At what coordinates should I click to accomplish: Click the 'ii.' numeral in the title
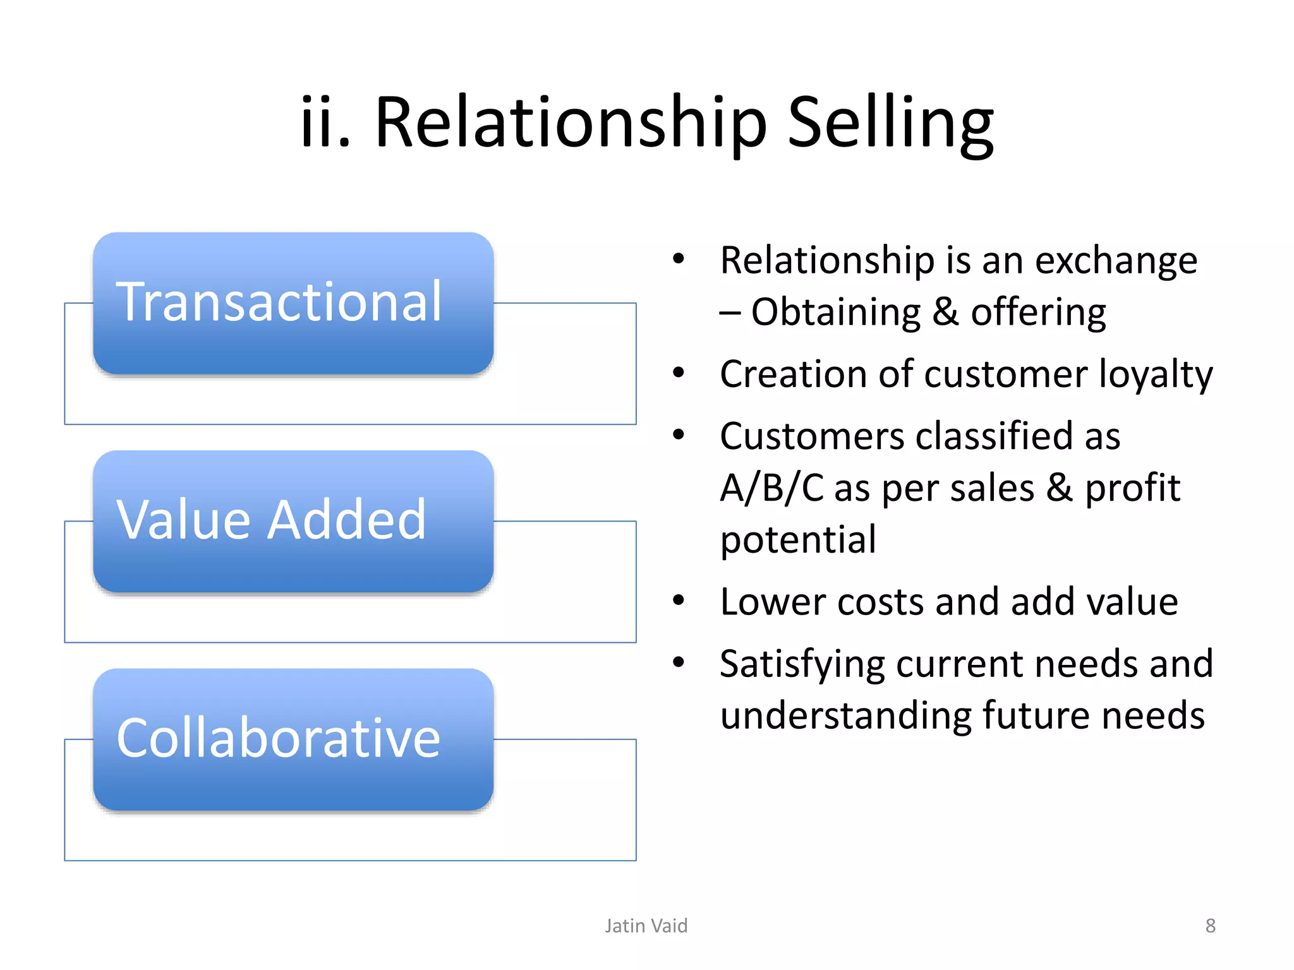325,123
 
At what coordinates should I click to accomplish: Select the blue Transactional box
293,303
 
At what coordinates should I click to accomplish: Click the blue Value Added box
293,521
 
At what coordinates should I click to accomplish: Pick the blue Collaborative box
293,739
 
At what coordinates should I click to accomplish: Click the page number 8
1210,926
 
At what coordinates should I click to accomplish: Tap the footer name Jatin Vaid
646,926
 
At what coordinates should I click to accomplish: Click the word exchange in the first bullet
1116,261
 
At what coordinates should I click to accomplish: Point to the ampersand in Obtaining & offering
945,313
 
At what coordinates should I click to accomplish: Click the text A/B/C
771,488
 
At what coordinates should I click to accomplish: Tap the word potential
798,540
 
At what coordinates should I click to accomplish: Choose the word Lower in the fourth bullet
773,601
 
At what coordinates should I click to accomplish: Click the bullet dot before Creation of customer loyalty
679,373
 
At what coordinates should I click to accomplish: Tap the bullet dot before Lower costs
679,600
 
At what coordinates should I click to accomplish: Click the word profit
1132,488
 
